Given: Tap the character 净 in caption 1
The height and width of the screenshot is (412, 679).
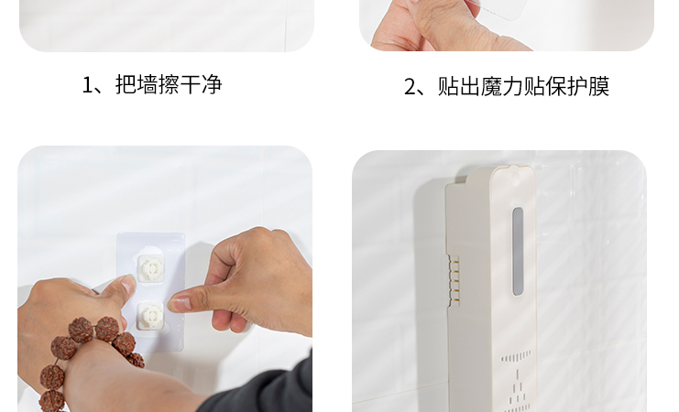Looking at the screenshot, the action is [x=212, y=84].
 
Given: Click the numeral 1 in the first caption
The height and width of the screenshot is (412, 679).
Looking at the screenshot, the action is [x=87, y=85].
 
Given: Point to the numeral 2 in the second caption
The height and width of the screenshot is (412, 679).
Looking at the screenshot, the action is [x=411, y=87].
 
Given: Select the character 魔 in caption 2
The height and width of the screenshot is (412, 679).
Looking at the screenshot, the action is [x=491, y=86].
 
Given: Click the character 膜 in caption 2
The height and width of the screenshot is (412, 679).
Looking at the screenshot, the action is [x=599, y=86].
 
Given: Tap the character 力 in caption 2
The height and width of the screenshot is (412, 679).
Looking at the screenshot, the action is [x=513, y=86].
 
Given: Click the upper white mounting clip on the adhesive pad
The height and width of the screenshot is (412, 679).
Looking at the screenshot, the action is [x=150, y=267].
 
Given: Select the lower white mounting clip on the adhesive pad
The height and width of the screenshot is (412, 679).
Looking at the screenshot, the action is [x=150, y=316].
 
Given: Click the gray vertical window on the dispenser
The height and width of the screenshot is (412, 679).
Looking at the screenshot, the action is [x=518, y=252].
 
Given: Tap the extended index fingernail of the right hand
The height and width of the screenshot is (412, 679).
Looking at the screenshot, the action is [x=181, y=302].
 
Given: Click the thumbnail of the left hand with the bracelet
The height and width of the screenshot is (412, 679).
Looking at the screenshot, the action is [x=129, y=284].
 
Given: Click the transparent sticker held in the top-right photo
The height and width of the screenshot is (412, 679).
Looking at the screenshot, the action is [x=502, y=8].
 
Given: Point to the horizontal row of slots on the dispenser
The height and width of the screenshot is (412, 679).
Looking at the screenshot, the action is [x=516, y=356].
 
